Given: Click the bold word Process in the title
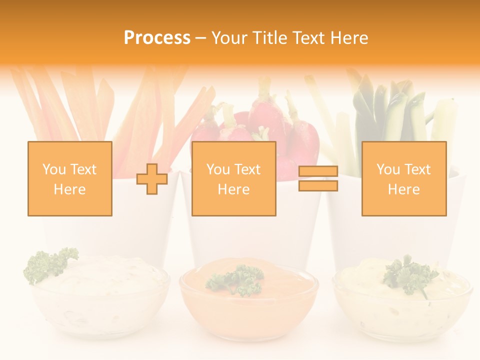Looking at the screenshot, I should [157, 38].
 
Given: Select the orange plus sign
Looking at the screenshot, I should [152, 179].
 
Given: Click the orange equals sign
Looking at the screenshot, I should [318, 178].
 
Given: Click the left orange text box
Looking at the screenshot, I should [69, 178].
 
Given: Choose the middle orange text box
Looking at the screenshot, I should [233, 178].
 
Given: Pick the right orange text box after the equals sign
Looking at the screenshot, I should [403, 178].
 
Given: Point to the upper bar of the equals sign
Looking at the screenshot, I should [318, 171].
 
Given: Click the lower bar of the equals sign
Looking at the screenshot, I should [318, 186].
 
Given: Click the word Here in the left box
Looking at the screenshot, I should [69, 189].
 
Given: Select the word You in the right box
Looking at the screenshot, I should [388, 169].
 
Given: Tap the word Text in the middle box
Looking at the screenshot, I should [247, 169].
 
